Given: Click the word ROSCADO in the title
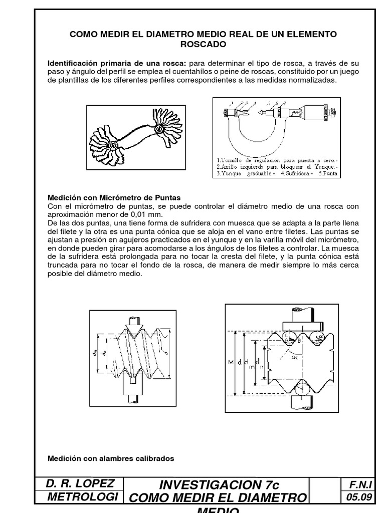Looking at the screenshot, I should point(203,44).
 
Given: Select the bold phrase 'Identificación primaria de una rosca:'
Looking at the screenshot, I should point(116,64).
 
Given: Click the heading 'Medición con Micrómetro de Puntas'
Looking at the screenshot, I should point(114,198).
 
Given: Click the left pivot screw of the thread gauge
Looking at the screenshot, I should point(114,146).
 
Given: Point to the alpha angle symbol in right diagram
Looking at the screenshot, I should point(294,358).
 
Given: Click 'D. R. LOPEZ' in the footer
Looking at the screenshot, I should point(80,483).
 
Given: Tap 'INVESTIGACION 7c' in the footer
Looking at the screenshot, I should point(219,485).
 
